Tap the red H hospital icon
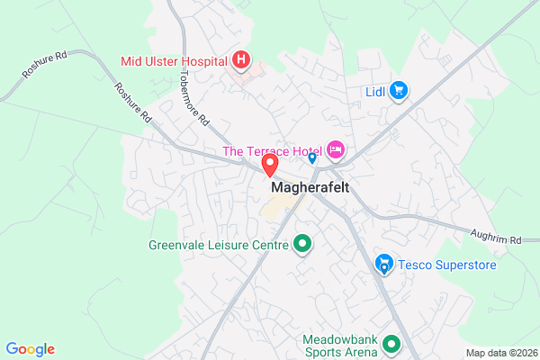241,61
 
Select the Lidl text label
376,91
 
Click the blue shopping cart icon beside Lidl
400,90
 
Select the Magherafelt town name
309,187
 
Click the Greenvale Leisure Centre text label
218,244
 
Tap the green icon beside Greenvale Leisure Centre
302,244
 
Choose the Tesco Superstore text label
442,265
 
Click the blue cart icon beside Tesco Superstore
384,265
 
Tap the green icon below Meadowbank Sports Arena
391,343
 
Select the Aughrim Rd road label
496,240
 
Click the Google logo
30,349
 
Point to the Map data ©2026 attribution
499,352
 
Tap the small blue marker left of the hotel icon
311,158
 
